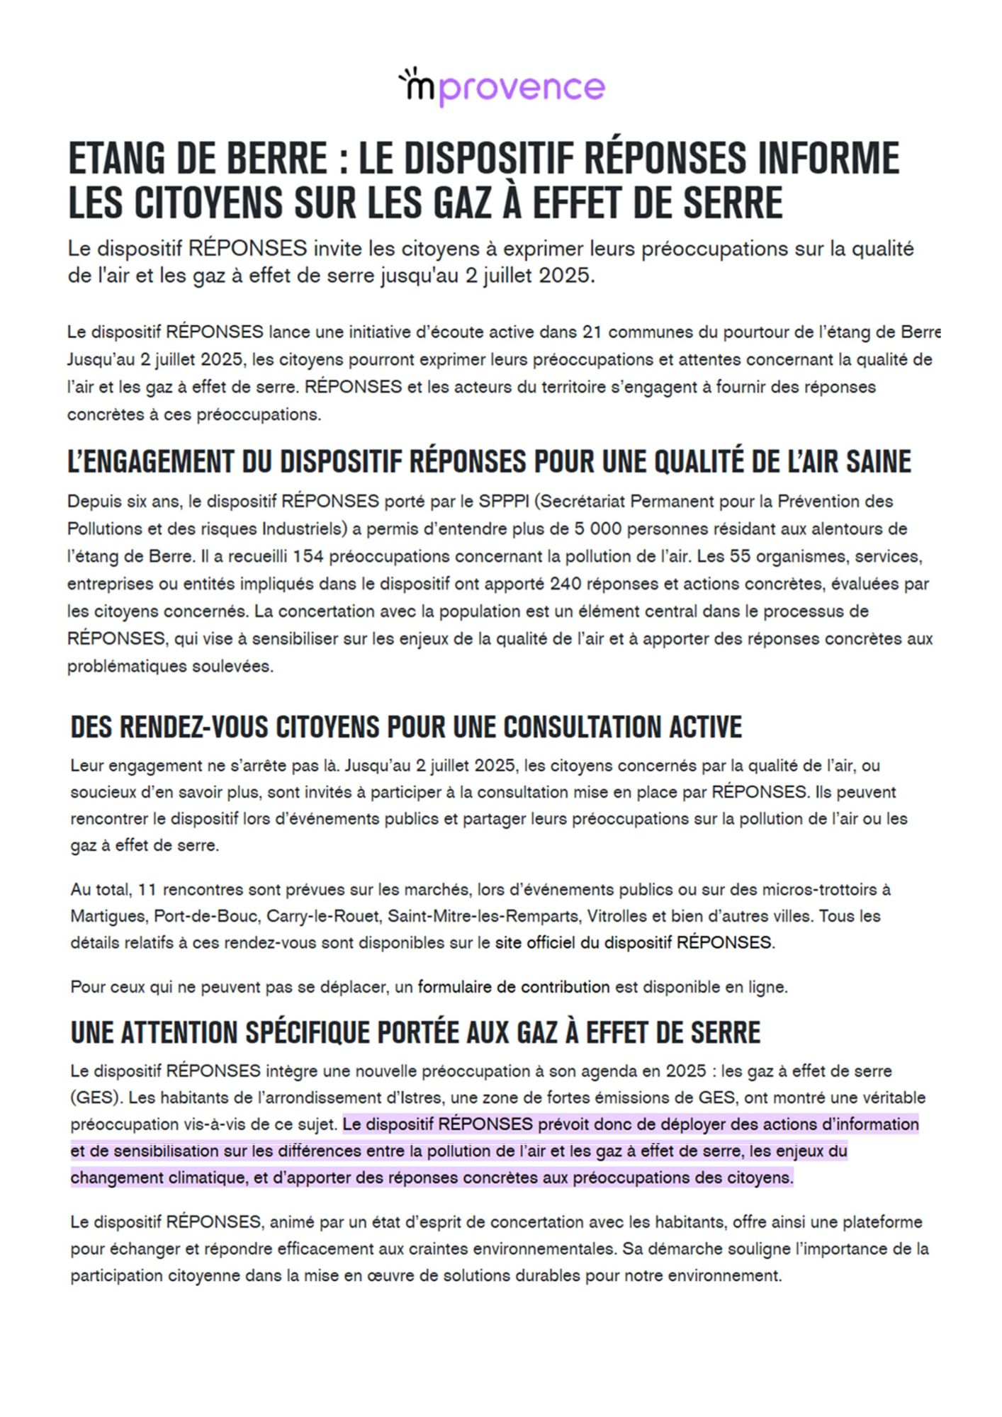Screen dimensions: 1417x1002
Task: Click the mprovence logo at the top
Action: coord(501,87)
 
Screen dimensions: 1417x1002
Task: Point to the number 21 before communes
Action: coord(592,332)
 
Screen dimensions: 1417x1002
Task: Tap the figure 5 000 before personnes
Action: coord(597,529)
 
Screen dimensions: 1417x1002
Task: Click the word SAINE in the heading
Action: coord(877,462)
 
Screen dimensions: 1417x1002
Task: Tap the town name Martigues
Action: coord(108,917)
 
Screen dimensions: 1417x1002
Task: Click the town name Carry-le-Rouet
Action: coord(322,917)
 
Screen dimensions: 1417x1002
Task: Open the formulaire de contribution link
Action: coord(513,987)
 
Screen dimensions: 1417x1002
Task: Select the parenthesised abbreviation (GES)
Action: coord(95,1098)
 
